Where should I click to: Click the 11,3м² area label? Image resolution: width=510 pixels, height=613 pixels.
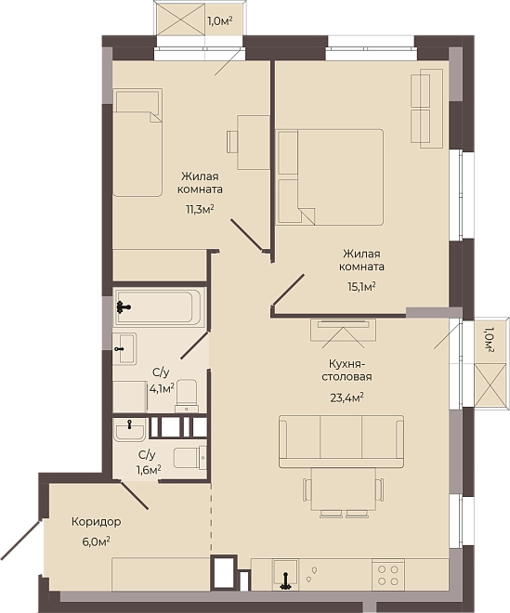tap(200, 210)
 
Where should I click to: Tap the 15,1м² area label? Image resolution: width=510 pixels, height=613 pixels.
tap(361, 287)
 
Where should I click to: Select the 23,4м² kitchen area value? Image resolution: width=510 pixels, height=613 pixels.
tap(347, 398)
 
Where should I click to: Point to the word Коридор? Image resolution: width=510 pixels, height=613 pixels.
tap(97, 522)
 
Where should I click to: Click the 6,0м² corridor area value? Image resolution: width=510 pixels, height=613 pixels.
tap(96, 541)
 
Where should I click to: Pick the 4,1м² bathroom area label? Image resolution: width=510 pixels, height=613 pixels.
tap(162, 389)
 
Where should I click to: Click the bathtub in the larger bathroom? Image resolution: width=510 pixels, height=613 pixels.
tap(159, 307)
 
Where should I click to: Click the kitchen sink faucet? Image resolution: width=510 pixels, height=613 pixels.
tap(286, 580)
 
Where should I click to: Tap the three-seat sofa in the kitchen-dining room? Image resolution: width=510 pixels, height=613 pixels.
tap(341, 442)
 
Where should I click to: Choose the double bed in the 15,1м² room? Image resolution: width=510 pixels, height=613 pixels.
tap(329, 177)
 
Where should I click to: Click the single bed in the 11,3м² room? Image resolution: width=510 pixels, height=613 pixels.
tap(137, 142)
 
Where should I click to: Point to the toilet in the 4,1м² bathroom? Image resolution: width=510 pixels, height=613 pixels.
tap(187, 396)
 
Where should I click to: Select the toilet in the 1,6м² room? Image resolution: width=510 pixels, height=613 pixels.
tap(190, 458)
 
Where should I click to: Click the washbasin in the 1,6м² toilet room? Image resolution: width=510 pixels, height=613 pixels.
tap(129, 430)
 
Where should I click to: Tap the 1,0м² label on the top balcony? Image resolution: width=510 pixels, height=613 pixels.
tap(220, 21)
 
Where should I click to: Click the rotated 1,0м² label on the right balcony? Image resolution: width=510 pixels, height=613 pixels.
tap(489, 340)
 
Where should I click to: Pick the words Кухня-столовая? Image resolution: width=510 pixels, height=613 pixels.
tap(347, 371)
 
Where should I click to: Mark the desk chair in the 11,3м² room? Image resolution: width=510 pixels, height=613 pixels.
tap(232, 141)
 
